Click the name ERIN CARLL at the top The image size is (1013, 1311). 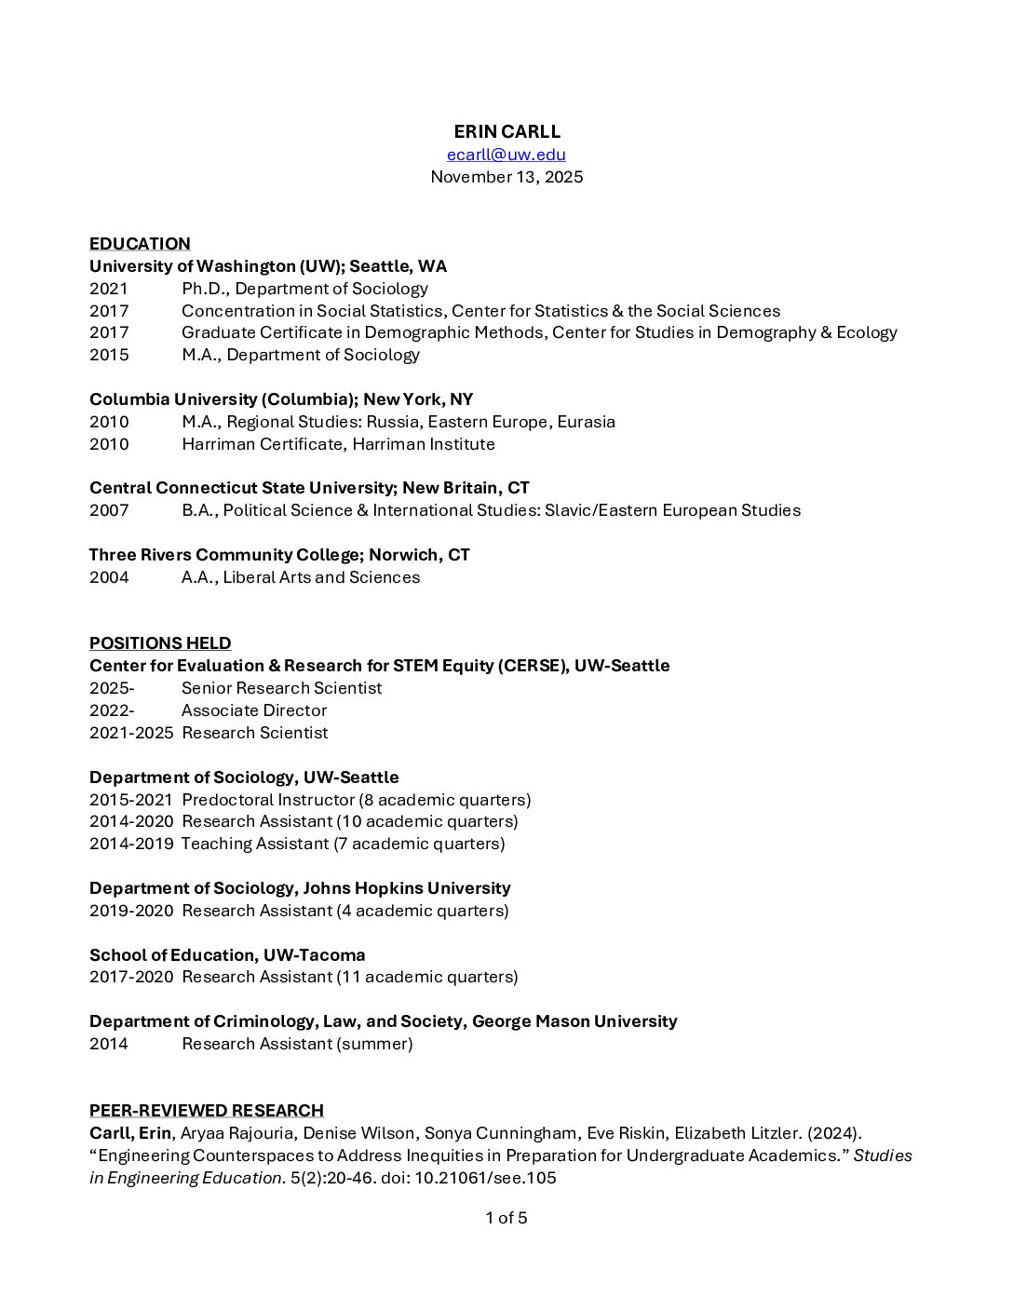[506, 131]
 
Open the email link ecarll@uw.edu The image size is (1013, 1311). [506, 155]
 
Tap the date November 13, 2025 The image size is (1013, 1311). [506, 177]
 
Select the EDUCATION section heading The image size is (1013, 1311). [140, 244]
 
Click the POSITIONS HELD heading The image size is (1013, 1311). [160, 643]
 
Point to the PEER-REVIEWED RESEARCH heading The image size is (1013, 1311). [206, 1110]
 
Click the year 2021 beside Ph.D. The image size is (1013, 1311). [109, 289]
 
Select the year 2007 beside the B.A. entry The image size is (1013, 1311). [109, 510]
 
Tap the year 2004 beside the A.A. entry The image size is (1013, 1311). [109, 577]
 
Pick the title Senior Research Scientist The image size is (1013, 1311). [281, 688]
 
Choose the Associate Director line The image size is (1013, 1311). [254, 710]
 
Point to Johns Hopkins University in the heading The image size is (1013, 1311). [407, 888]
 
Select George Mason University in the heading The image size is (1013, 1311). [574, 1021]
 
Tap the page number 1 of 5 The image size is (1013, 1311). [506, 1218]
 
